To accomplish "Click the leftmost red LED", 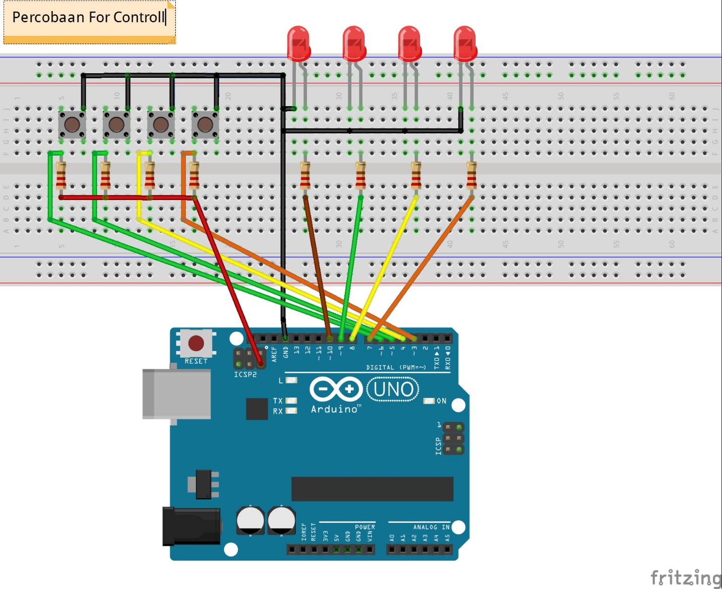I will [x=298, y=43].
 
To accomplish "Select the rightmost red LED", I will [x=465, y=43].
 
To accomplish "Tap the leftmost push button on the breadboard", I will [x=72, y=124].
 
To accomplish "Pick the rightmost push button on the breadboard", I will [x=205, y=124].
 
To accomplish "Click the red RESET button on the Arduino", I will [x=196, y=343].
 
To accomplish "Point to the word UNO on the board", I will [x=393, y=389].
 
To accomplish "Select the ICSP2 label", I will [x=245, y=374].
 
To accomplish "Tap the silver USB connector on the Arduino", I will [x=176, y=394].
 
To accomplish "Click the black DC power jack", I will [x=191, y=526].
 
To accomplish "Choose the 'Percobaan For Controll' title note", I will [x=89, y=18].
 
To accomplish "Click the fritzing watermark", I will [x=686, y=577].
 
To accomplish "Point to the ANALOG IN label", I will [x=431, y=527].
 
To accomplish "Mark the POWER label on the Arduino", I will [x=365, y=527].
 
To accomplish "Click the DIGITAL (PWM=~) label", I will [x=396, y=367].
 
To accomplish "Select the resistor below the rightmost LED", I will [x=471, y=175].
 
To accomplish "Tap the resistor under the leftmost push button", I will [x=61, y=175].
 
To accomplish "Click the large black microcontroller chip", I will [x=372, y=488].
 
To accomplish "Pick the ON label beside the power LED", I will [x=441, y=401].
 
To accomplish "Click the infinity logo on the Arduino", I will [x=336, y=389].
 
